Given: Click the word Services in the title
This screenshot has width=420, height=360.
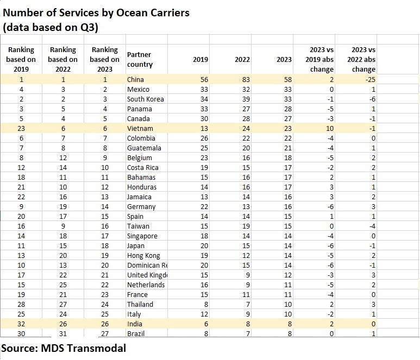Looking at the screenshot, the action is [79, 13].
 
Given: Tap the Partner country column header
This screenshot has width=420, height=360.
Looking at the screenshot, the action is [140, 59].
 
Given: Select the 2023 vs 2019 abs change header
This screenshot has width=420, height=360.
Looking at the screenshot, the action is [319, 59].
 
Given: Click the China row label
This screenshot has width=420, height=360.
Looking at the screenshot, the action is [135, 79].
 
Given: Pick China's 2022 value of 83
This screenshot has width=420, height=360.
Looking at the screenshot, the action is [246, 79].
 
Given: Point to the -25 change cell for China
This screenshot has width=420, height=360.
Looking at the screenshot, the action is [371, 79].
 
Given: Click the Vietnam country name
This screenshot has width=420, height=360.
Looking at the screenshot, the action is [140, 129].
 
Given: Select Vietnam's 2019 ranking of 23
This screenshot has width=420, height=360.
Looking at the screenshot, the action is [21, 129].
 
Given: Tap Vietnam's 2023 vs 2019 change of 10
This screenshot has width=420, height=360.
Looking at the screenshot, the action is [330, 129].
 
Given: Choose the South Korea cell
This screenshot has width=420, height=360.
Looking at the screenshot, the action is [146, 99].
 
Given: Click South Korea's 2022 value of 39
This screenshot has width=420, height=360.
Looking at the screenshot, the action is [246, 99].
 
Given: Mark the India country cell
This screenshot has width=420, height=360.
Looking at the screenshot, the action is [135, 324].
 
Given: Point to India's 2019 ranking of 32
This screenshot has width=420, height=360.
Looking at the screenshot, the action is [21, 324].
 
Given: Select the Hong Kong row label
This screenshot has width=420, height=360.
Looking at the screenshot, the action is [143, 256].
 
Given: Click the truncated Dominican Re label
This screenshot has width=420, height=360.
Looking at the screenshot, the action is [147, 266].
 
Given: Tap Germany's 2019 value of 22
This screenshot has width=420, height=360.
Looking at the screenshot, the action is [204, 207].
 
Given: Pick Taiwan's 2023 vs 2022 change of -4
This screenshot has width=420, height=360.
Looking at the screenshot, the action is [372, 226].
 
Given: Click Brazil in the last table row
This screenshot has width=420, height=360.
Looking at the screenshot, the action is [136, 333].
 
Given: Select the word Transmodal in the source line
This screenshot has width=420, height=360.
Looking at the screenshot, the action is [97, 348].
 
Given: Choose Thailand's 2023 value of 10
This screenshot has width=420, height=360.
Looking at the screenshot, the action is [287, 304].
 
